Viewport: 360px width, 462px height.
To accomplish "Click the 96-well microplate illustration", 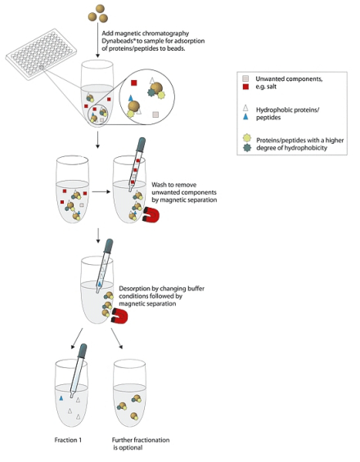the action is pos(41,55).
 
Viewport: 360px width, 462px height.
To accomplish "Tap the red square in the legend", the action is pos(245,87).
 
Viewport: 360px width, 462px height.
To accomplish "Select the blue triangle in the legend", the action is pos(245,117).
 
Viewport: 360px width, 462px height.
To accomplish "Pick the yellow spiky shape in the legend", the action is pos(247,138).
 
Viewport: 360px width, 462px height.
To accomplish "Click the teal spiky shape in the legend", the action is pos(247,147).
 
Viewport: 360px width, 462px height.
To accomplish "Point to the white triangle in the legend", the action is pos(245,108).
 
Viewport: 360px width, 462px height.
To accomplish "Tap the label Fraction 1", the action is pos(68,440).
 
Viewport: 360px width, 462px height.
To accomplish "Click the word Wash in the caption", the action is pos(159,185).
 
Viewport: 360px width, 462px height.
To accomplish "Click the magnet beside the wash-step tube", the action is pos(151,215).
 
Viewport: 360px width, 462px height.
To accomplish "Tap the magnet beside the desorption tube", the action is pos(119,316).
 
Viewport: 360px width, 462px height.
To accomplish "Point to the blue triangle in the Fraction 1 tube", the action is pos(61,398).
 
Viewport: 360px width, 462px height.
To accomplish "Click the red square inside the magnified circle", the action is pos(134,83).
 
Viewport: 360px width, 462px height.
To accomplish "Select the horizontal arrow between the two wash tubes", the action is pos(101,192).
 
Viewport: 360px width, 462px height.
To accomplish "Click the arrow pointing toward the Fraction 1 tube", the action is pos(77,339).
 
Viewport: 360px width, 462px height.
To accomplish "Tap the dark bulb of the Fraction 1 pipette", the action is pos(83,349).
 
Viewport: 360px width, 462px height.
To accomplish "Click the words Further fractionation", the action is pos(141,440).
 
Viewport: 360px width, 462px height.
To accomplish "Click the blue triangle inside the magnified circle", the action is pos(131,97).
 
